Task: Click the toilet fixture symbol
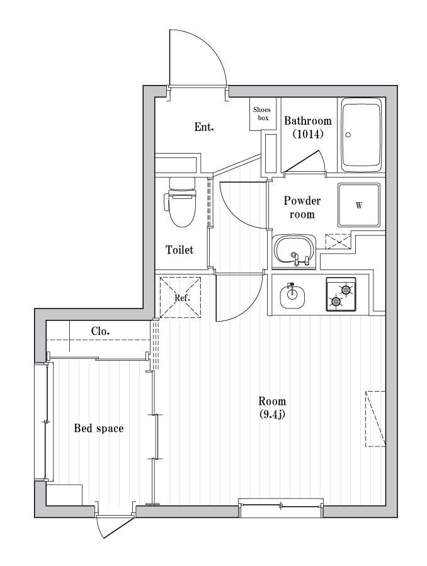(x=181, y=203)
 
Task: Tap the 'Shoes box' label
(x=261, y=114)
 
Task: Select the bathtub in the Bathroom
(x=362, y=135)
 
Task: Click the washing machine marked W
(x=359, y=205)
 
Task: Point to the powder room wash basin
(x=294, y=249)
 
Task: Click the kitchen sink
(x=291, y=295)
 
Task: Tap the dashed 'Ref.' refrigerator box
(x=179, y=297)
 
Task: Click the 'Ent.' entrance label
(x=203, y=127)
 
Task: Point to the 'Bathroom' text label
(x=307, y=121)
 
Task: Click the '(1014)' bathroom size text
(x=307, y=134)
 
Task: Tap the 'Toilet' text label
(x=179, y=250)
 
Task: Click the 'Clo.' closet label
(x=101, y=331)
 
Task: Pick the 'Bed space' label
(x=98, y=429)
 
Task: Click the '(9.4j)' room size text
(x=272, y=414)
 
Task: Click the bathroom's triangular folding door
(x=306, y=162)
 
